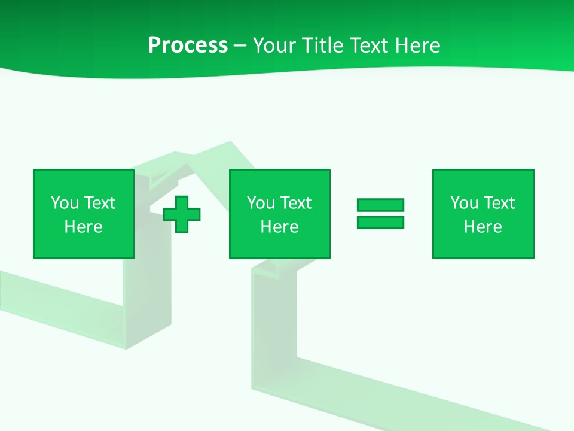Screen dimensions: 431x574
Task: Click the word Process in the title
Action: (188, 45)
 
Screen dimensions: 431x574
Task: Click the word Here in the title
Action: (417, 45)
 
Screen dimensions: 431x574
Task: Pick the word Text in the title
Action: (367, 45)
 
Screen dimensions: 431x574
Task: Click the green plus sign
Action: (182, 214)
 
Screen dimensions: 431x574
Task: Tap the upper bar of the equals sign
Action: (380, 205)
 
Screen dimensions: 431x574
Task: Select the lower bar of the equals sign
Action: (380, 222)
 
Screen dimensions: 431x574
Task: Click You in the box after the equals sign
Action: (464, 203)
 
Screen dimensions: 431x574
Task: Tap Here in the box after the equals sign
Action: (483, 227)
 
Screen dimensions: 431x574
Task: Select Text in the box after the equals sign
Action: (499, 203)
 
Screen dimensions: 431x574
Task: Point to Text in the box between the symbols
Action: (295, 203)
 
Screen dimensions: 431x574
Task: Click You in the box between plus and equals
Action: (261, 203)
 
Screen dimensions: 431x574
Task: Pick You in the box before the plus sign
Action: (65, 203)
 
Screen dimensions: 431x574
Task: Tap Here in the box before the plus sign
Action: (83, 227)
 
